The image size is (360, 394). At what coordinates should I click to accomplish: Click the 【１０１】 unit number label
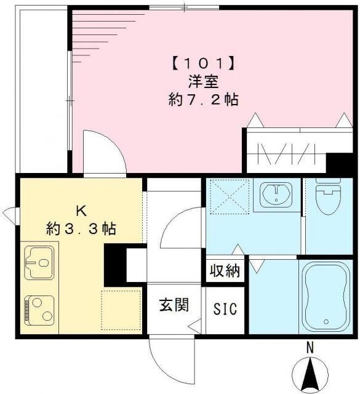tap(203, 62)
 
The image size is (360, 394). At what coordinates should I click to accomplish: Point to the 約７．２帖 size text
tap(203, 99)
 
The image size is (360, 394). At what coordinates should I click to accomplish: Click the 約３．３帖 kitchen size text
tap(81, 228)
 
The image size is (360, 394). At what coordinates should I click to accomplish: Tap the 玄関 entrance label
tap(174, 304)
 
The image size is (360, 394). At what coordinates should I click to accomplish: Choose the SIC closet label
tap(225, 308)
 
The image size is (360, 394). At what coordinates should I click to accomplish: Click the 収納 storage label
tap(225, 271)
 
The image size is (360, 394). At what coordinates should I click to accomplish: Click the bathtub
tap(327, 295)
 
